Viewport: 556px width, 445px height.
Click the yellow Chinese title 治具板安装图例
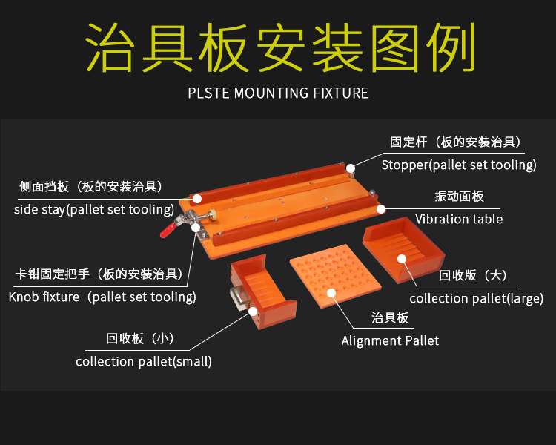pyautogui.click(x=278, y=49)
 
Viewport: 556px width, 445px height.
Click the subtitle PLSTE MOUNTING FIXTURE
pyautogui.click(x=278, y=93)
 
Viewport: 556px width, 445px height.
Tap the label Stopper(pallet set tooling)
pyautogui.click(x=458, y=165)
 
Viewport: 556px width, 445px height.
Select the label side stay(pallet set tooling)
pyautogui.click(x=93, y=209)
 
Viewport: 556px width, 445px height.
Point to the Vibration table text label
pyautogui.click(x=458, y=219)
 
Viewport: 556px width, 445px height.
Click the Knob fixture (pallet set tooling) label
pyautogui.click(x=102, y=297)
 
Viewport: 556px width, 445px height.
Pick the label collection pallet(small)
pyautogui.click(x=144, y=361)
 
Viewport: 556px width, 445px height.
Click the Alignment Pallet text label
pyautogui.click(x=390, y=340)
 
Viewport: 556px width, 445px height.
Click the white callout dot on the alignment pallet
pyautogui.click(x=331, y=292)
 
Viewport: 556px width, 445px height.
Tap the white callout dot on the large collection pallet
pyautogui.click(x=401, y=258)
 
